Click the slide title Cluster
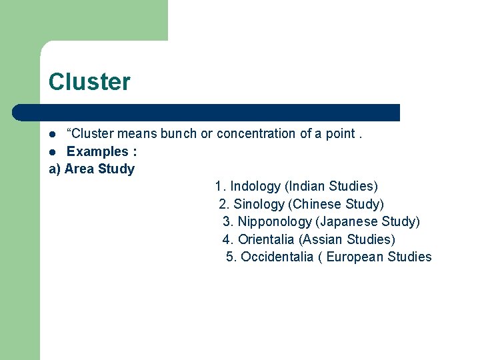click(89, 82)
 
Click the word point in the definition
click(340, 133)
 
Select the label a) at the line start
click(55, 169)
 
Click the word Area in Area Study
click(79, 169)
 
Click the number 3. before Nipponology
click(227, 222)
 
